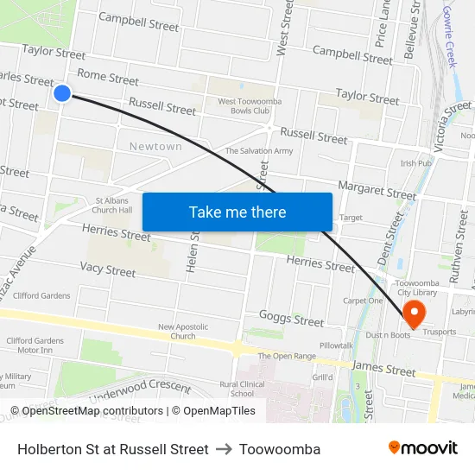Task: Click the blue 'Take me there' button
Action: pos(237,212)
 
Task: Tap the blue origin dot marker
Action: pos(62,92)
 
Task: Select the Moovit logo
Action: pos(422,448)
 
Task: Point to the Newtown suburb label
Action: pos(155,147)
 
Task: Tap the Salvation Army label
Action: pos(259,151)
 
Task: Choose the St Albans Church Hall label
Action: pos(112,205)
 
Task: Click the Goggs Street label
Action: pos(291,319)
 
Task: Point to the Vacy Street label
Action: pos(108,270)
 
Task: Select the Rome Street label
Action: pos(108,78)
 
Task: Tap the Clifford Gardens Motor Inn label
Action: pos(29,345)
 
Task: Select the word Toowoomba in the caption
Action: pos(280,449)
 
